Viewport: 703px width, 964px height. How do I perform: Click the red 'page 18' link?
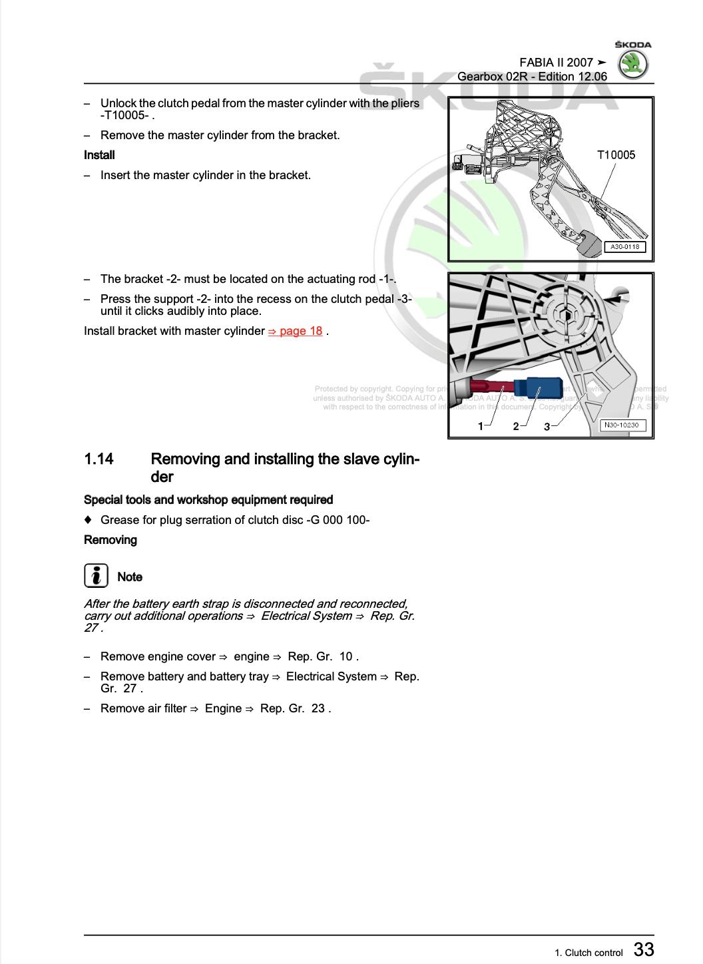296,331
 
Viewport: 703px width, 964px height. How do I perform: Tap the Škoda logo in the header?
632,65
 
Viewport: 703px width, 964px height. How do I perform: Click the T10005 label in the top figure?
616,155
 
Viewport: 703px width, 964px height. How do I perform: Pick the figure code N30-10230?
624,425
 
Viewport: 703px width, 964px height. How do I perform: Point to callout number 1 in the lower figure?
481,427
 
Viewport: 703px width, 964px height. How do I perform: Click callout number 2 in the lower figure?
516,427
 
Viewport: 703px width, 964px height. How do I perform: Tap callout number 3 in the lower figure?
547,427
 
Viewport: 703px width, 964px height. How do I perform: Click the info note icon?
96,576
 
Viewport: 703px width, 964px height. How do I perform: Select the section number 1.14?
99,459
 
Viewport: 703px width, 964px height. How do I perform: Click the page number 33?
643,949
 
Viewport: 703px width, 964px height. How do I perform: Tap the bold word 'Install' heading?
99,155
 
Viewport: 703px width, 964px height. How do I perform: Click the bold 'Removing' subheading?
111,540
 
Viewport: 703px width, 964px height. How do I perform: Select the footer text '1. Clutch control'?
588,953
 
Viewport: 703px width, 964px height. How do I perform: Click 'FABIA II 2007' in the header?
556,63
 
